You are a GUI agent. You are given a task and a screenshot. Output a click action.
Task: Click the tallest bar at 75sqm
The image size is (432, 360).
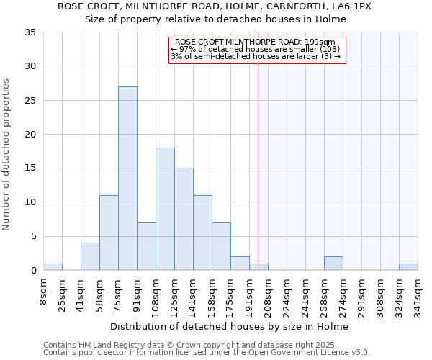(127, 179)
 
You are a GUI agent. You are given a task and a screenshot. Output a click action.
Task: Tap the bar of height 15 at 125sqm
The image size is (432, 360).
(184, 219)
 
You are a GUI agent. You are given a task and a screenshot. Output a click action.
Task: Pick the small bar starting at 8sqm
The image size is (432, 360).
(53, 267)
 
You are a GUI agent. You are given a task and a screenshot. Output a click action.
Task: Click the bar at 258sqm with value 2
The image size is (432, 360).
(333, 264)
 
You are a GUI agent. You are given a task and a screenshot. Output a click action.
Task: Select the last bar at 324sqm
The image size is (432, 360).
(408, 267)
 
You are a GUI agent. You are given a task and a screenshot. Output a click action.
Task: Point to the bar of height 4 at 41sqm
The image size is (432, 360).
(90, 256)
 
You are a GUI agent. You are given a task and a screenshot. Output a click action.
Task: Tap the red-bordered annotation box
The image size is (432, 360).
(258, 50)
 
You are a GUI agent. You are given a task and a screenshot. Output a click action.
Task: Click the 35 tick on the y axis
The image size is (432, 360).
(30, 32)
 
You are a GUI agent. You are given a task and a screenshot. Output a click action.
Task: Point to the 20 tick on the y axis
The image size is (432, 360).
(30, 135)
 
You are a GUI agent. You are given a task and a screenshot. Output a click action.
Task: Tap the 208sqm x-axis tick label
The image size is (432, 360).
(268, 294)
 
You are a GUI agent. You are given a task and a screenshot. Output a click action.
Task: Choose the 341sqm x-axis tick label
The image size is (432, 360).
(418, 294)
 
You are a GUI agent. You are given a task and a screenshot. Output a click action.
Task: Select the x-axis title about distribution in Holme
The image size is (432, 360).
(230, 327)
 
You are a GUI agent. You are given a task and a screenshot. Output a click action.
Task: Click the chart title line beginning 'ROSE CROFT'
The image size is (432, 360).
(215, 6)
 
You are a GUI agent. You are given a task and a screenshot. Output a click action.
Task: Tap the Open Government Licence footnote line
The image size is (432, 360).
(207, 353)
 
